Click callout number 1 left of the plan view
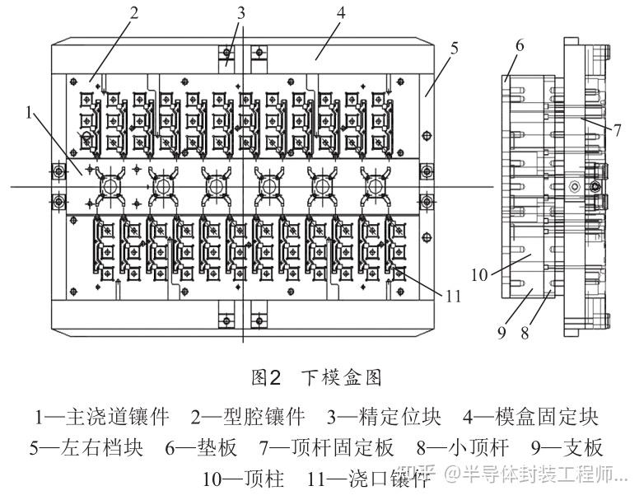pyautogui.click(x=29, y=112)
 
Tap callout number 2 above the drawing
pyautogui.click(x=134, y=12)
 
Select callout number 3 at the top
pyautogui.click(x=241, y=13)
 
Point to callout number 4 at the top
pyautogui.click(x=340, y=12)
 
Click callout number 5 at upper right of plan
pyautogui.click(x=454, y=48)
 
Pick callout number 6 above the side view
pyautogui.click(x=520, y=45)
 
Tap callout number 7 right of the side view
pyautogui.click(x=618, y=130)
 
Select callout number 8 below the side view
pyautogui.click(x=525, y=333)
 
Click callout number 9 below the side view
pyautogui.click(x=502, y=333)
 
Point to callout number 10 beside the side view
pyautogui.click(x=479, y=275)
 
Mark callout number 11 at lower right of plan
pyautogui.click(x=453, y=297)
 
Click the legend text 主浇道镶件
pyautogui.click(x=118, y=417)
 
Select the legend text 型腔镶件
pyautogui.click(x=264, y=417)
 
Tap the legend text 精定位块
pyautogui.click(x=399, y=417)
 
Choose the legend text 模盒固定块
pyautogui.click(x=547, y=417)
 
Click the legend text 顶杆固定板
pyautogui.click(x=343, y=447)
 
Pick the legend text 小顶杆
pyautogui.click(x=479, y=447)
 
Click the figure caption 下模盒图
pyautogui.click(x=341, y=377)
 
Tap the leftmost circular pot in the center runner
pyautogui.click(x=110, y=187)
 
